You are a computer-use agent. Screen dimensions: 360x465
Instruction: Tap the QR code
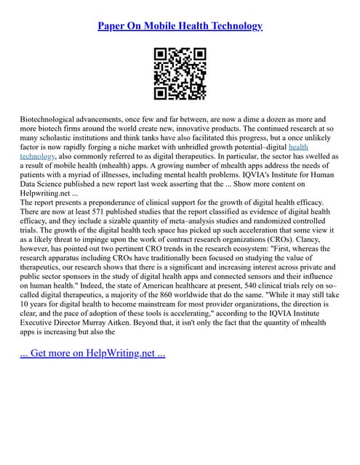[180, 73]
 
